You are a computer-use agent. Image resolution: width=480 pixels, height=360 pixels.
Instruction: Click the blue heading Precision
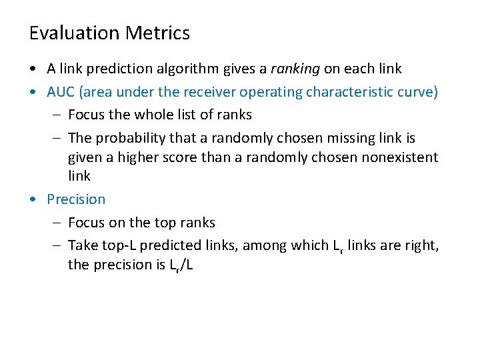[x=76, y=199]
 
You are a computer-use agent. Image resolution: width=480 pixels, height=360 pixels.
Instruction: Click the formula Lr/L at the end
[x=177, y=265]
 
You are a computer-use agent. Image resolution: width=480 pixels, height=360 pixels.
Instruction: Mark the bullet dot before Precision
[x=33, y=200]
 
